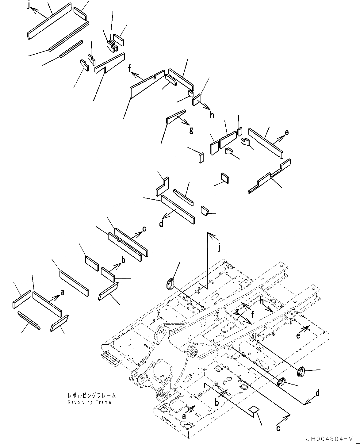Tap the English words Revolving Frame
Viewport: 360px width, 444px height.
click(90, 402)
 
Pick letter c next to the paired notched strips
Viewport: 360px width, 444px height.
click(144, 229)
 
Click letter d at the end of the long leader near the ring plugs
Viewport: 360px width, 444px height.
click(318, 393)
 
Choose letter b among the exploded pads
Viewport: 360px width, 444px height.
click(123, 261)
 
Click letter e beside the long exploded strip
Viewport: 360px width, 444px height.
click(287, 132)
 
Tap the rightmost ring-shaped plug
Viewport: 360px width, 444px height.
click(301, 372)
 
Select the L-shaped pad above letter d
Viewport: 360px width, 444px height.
click(162, 186)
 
